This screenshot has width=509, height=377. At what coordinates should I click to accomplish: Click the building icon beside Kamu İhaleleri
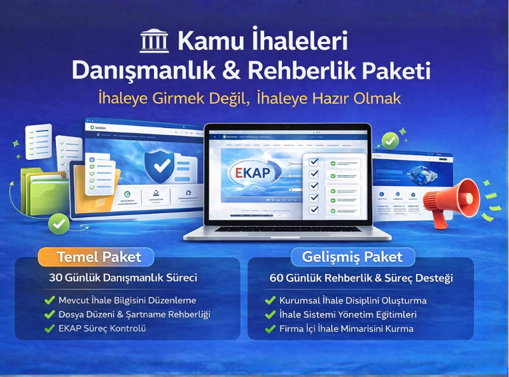point(153,41)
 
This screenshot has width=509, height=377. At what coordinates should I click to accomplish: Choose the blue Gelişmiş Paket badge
point(353,257)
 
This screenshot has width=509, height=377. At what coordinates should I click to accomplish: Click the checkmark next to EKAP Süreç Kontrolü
point(50,329)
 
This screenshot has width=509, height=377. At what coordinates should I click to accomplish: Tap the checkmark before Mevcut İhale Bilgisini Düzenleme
point(50,300)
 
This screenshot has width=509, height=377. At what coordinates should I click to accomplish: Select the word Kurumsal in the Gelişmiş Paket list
point(299,301)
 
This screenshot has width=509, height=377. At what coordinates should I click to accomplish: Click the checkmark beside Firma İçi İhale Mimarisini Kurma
point(270,329)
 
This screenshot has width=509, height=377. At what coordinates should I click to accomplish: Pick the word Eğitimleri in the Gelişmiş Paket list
point(394,315)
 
